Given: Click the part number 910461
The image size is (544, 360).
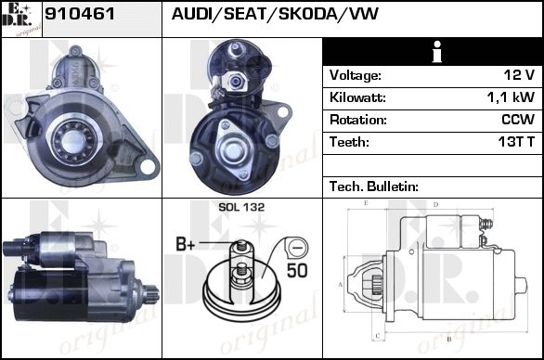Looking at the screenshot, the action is (x=80, y=14).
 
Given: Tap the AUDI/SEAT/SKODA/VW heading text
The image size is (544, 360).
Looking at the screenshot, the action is (x=275, y=14).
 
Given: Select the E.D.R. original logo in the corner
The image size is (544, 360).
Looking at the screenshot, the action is (x=21, y=19).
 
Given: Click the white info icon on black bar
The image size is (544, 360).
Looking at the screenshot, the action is (x=437, y=52).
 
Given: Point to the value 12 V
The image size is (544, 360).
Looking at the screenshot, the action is (x=519, y=75).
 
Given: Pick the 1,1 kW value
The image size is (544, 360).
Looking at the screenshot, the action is (x=511, y=97).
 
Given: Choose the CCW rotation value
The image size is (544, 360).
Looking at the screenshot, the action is (x=518, y=120).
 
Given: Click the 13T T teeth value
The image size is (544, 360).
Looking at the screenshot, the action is (x=516, y=142).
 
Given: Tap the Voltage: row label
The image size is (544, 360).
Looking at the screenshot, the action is (x=356, y=75).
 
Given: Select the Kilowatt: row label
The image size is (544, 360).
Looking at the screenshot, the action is (x=357, y=97).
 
